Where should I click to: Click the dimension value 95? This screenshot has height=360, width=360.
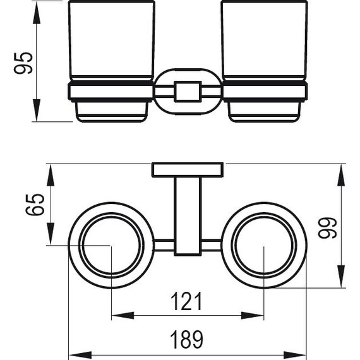(x=23, y=63)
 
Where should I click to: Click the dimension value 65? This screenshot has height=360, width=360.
(x=35, y=205)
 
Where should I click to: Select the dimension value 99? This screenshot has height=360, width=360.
(x=327, y=227)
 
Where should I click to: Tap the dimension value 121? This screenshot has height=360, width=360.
(x=186, y=301)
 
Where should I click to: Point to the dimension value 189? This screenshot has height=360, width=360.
(x=187, y=340)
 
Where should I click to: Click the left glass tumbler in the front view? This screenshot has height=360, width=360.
(x=112, y=41)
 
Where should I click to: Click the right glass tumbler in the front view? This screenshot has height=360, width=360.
(x=264, y=41)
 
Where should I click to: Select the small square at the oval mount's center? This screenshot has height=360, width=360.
(x=188, y=92)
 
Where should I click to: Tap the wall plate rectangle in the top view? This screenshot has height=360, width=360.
(x=188, y=170)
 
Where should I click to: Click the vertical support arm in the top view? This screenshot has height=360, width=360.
(x=188, y=216)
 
